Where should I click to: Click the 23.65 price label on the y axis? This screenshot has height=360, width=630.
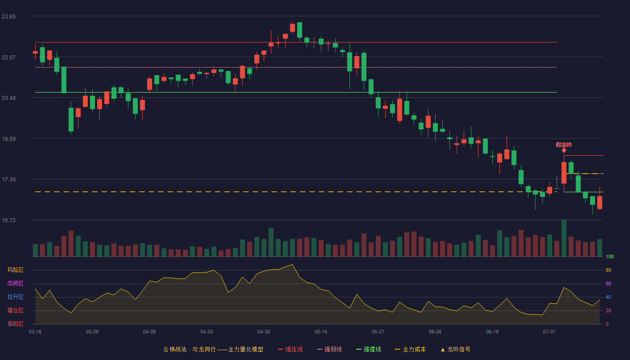9,17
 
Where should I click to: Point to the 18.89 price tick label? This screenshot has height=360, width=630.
9,139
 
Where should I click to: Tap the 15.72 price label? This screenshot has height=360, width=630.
9,220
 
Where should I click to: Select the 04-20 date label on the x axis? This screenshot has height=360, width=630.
207,332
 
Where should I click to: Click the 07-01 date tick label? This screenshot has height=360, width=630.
549,332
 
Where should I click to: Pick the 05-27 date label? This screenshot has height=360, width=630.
378,332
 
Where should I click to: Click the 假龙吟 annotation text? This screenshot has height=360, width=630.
564,145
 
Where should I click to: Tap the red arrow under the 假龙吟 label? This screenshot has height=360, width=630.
564,150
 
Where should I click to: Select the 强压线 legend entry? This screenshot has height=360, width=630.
291,349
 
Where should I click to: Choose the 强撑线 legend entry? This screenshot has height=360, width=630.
369,349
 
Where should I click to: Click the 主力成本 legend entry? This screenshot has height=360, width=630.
410,349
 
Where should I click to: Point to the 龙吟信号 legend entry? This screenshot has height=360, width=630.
455,349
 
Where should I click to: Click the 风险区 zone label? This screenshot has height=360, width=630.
15,270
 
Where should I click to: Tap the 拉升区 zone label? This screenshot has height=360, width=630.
15,297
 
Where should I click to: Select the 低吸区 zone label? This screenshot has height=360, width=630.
15,324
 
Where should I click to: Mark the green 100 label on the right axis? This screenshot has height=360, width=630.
610,256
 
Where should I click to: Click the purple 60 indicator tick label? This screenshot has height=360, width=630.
608,283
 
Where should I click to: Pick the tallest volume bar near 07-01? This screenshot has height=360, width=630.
564,238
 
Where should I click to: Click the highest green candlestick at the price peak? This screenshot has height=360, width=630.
300,30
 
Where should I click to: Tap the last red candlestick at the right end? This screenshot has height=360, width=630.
599,202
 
